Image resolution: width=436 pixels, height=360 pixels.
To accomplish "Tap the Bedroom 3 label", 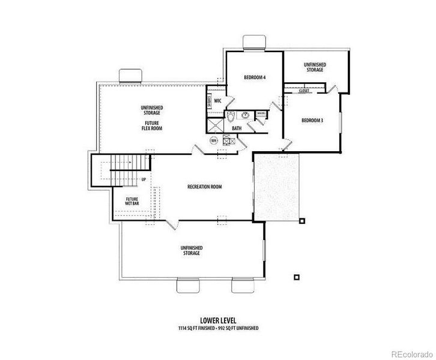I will [x=312, y=121].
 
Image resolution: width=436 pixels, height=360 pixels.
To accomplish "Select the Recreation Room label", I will [x=205, y=187].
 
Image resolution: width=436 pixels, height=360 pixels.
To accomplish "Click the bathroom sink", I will [x=246, y=116].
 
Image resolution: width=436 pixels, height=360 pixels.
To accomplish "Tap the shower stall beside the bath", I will [x=216, y=125].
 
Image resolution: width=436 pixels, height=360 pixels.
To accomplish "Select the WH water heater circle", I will [x=213, y=140].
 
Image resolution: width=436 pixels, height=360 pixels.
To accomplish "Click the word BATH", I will [x=237, y=128].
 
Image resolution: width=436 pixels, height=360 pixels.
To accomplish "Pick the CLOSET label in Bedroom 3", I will [x=303, y=91].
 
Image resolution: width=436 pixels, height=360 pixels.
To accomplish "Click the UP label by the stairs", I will [x=144, y=179].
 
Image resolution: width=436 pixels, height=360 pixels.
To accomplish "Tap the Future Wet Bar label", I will [x=132, y=201].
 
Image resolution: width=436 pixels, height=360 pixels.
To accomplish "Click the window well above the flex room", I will [x=130, y=76].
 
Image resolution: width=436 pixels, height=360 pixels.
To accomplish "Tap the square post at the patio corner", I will [x=302, y=220].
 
